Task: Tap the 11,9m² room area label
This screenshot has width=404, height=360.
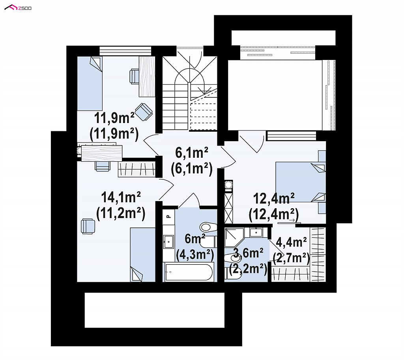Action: [114, 118]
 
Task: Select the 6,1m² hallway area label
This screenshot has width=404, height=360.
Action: [192, 153]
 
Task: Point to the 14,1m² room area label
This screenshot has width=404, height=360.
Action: [121, 198]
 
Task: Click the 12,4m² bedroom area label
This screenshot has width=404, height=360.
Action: [274, 199]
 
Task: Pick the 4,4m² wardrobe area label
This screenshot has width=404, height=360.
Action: [291, 242]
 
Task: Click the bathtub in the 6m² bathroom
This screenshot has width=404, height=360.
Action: [189, 272]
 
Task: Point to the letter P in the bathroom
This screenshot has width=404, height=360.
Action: [169, 216]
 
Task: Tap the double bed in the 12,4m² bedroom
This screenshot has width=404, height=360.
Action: [301, 182]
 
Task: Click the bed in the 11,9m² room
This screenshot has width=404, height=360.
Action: [90, 84]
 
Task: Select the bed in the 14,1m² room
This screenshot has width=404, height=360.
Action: [142, 255]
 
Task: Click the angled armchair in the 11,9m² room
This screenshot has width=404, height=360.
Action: [144, 112]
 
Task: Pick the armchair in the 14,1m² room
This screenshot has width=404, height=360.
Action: [88, 226]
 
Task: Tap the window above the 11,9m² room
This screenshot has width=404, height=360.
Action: [125, 50]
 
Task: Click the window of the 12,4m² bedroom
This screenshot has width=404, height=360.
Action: [292, 136]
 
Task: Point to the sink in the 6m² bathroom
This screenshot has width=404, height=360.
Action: [169, 242]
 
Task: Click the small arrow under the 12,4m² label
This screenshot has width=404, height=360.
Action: [292, 220]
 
